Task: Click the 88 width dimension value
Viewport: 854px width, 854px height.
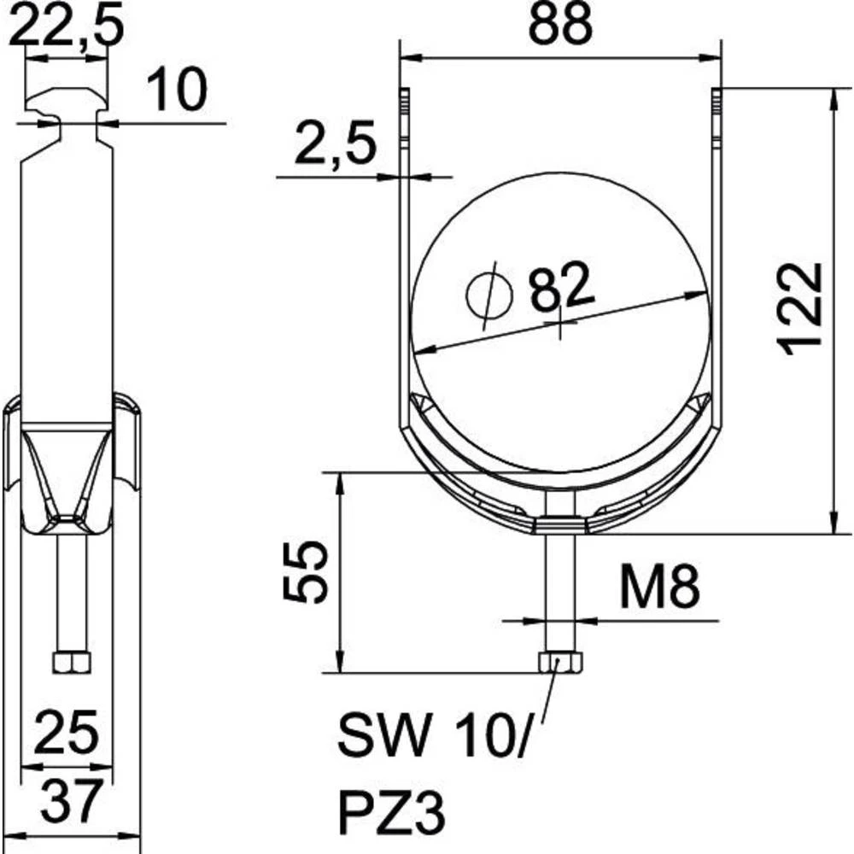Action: coord(560,25)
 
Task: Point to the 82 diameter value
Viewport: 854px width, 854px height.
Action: coord(561,285)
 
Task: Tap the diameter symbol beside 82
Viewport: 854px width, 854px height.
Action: coord(489,295)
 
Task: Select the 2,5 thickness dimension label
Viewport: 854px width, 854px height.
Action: coord(336,143)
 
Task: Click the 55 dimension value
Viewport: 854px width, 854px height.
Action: coord(306,571)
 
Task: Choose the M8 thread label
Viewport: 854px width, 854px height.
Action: coord(660,588)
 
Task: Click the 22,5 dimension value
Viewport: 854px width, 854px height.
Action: coord(67,26)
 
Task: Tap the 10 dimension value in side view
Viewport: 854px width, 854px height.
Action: coord(177,90)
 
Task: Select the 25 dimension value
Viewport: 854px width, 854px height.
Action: coord(67,732)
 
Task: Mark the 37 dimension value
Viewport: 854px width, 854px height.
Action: coord(72,801)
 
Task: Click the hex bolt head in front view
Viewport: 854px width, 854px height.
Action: coord(560,663)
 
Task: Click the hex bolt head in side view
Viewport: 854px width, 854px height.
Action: coord(72,663)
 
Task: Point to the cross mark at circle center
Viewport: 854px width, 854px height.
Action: coord(560,323)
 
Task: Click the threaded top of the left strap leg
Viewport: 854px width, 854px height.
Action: coord(404,114)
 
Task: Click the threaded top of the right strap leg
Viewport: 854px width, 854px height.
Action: coord(717,114)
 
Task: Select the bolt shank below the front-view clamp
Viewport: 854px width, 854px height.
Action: coord(560,594)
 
